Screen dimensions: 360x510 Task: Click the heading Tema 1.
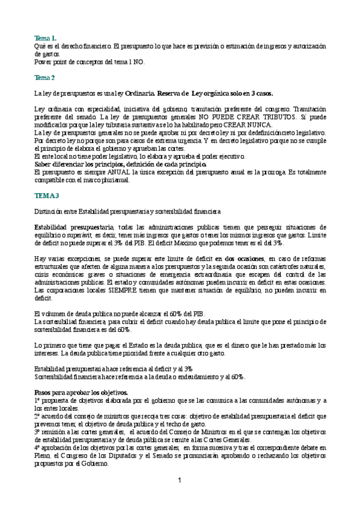pos(46,37)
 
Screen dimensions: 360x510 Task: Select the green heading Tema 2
pos(45,78)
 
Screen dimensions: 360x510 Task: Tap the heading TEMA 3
pos(47,196)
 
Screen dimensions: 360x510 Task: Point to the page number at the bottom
pos(179,480)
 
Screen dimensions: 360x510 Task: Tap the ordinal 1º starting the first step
pos(38,401)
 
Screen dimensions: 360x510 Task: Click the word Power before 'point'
pos(44,61)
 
